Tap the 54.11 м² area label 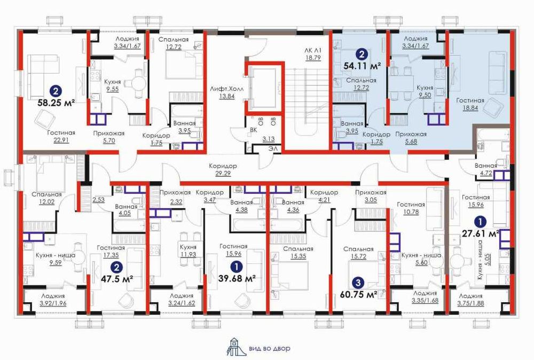[x=362, y=66]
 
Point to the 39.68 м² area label [x=237, y=278]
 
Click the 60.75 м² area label [x=359, y=294]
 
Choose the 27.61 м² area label [x=481, y=233]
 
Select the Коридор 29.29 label [x=223, y=170]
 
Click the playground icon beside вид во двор [x=234, y=347]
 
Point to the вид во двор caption [x=270, y=349]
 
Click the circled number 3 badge [x=358, y=283]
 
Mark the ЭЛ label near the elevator [x=273, y=148]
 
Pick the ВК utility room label [x=253, y=130]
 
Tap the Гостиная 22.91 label [x=61, y=136]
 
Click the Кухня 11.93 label [x=188, y=251]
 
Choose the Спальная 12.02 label [x=46, y=198]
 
